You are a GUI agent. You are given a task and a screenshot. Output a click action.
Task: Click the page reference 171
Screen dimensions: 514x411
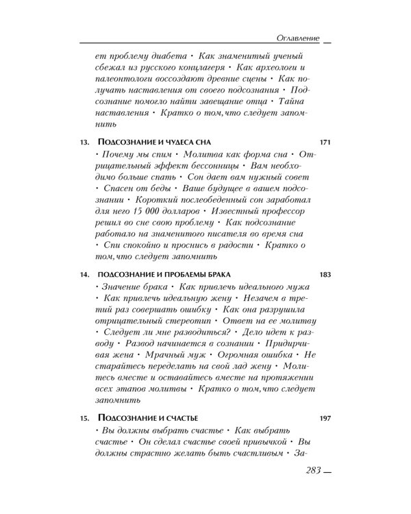(x=325, y=143)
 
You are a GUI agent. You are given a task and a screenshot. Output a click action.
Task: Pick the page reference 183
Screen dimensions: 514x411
(x=325, y=275)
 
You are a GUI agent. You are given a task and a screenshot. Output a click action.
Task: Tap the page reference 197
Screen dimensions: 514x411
(x=325, y=419)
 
